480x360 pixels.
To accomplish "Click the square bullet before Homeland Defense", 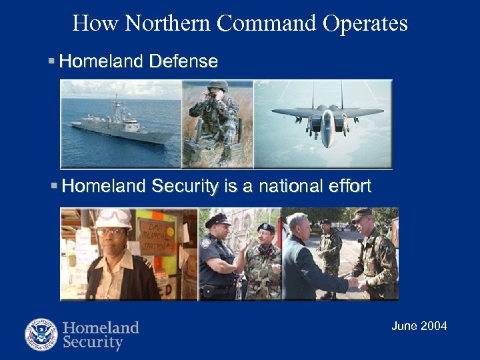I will point(52,61).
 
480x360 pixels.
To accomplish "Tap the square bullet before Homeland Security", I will point(54,185).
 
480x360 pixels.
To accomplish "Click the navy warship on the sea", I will point(120,123).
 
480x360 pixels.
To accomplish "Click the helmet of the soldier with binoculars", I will point(218,86).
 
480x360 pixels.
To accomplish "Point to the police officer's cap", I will point(218,220).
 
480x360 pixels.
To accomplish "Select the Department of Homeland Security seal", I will point(41,335).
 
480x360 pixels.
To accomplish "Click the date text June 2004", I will point(419,326).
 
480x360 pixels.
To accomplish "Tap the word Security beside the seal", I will point(93,343).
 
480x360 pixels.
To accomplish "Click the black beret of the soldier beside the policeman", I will point(266,228).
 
